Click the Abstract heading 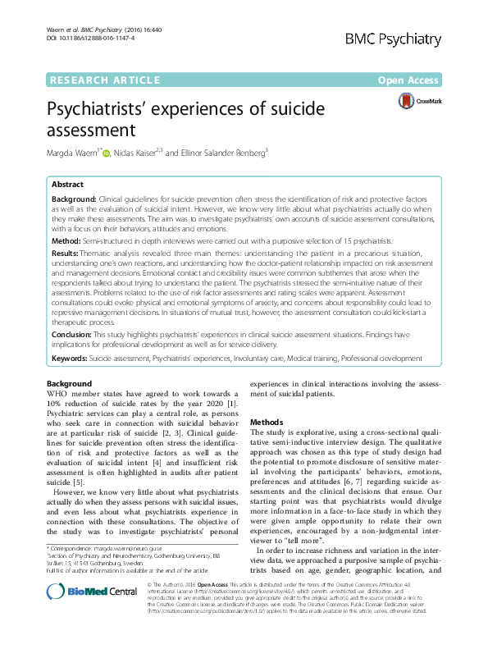[69, 185]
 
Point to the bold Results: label [66, 255]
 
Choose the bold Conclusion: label [72, 336]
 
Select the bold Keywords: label [70, 359]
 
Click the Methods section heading [267, 419]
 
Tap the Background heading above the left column [70, 383]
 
